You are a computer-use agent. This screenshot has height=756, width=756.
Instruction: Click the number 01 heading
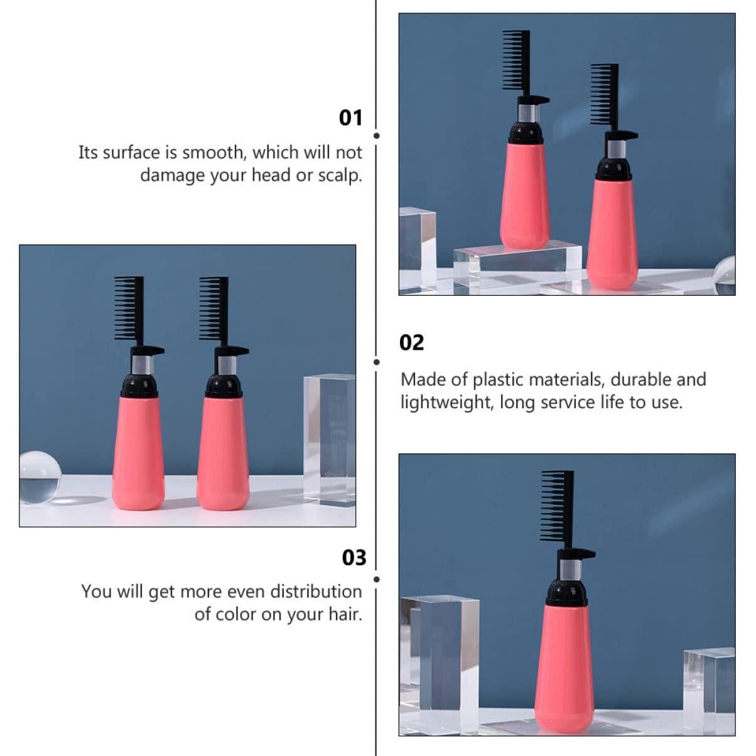click(350, 117)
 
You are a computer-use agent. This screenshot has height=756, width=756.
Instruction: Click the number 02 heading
click(412, 343)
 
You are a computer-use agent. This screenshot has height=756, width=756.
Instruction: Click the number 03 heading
click(354, 558)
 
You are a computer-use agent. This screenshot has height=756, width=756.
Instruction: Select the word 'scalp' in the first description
click(340, 175)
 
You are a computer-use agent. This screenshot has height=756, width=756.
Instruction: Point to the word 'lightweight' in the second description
click(446, 402)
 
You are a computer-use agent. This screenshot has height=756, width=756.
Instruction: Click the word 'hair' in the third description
click(345, 614)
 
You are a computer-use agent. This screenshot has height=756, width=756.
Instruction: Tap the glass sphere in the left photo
click(40, 477)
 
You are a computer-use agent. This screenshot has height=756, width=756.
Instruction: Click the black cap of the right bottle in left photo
click(224, 384)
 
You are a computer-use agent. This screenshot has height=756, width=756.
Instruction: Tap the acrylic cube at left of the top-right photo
click(417, 248)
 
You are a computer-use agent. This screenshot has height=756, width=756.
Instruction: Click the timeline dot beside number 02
click(377, 362)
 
